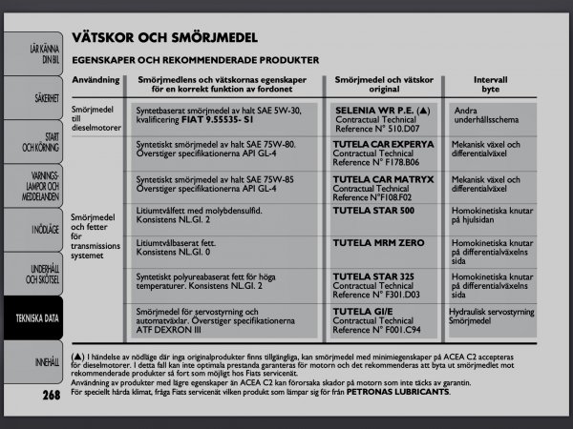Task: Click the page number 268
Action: point(52,394)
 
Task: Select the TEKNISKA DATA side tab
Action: point(36,317)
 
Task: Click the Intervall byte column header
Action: point(490,84)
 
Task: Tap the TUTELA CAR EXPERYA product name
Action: point(383,144)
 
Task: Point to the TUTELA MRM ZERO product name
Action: point(378,243)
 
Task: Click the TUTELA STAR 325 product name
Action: point(372,276)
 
